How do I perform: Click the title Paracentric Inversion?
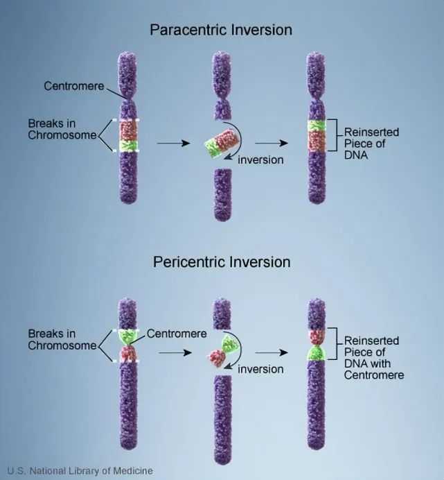221,30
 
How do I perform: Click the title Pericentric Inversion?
222,262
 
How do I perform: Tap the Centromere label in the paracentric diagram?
74,86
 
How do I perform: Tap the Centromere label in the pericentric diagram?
177,334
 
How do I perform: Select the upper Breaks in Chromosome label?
62,129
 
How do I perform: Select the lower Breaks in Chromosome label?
62,339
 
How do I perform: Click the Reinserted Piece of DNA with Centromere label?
374,357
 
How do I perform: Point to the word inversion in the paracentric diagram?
260,160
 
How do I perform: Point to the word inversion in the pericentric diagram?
260,369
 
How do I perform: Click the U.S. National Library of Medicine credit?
80,470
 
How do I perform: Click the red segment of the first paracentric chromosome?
128,130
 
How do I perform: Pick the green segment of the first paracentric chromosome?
128,146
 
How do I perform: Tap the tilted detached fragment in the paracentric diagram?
222,144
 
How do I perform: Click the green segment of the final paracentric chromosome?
317,126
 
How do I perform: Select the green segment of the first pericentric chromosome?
128,338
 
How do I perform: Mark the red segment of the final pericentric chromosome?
317,337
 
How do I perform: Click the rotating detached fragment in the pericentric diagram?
222,351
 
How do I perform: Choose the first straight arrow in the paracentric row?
173,143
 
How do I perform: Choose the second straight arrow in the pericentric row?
272,352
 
